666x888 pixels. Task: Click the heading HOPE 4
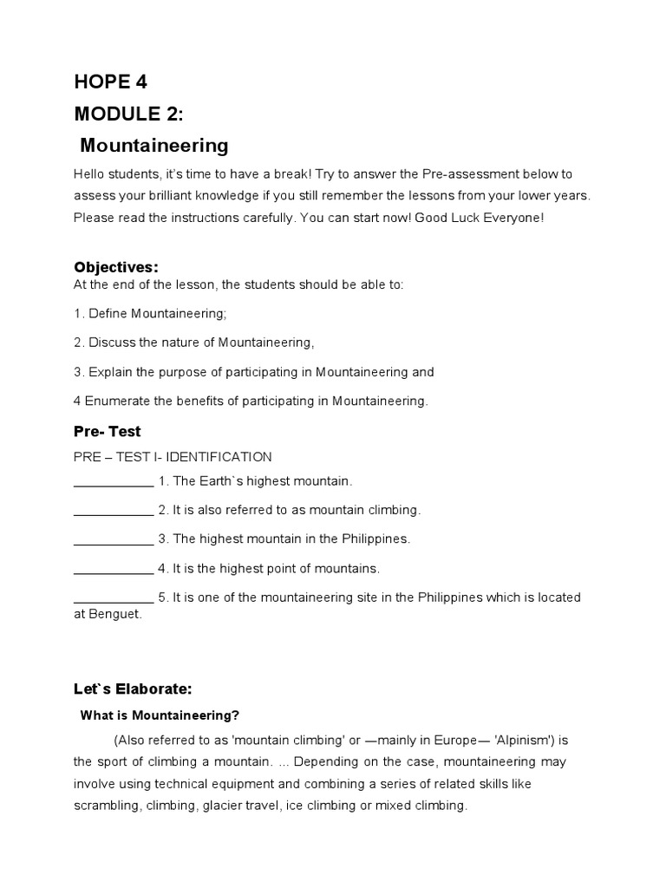pyautogui.click(x=111, y=82)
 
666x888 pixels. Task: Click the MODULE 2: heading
pyautogui.click(x=128, y=114)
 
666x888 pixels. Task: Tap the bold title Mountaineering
pyautogui.click(x=154, y=145)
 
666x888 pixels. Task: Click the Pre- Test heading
pyautogui.click(x=108, y=431)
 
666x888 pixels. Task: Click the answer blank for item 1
pyautogui.click(x=114, y=481)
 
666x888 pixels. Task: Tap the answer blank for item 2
pyautogui.click(x=114, y=511)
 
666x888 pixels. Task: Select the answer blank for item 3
pyautogui.click(x=114, y=539)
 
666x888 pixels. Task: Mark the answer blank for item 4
pyautogui.click(x=114, y=569)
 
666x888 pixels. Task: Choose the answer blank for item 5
pyautogui.click(x=114, y=598)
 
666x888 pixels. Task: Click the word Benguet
pyautogui.click(x=114, y=615)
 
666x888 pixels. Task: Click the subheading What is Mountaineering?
pyautogui.click(x=160, y=715)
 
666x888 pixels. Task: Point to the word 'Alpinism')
pyautogui.click(x=519, y=741)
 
